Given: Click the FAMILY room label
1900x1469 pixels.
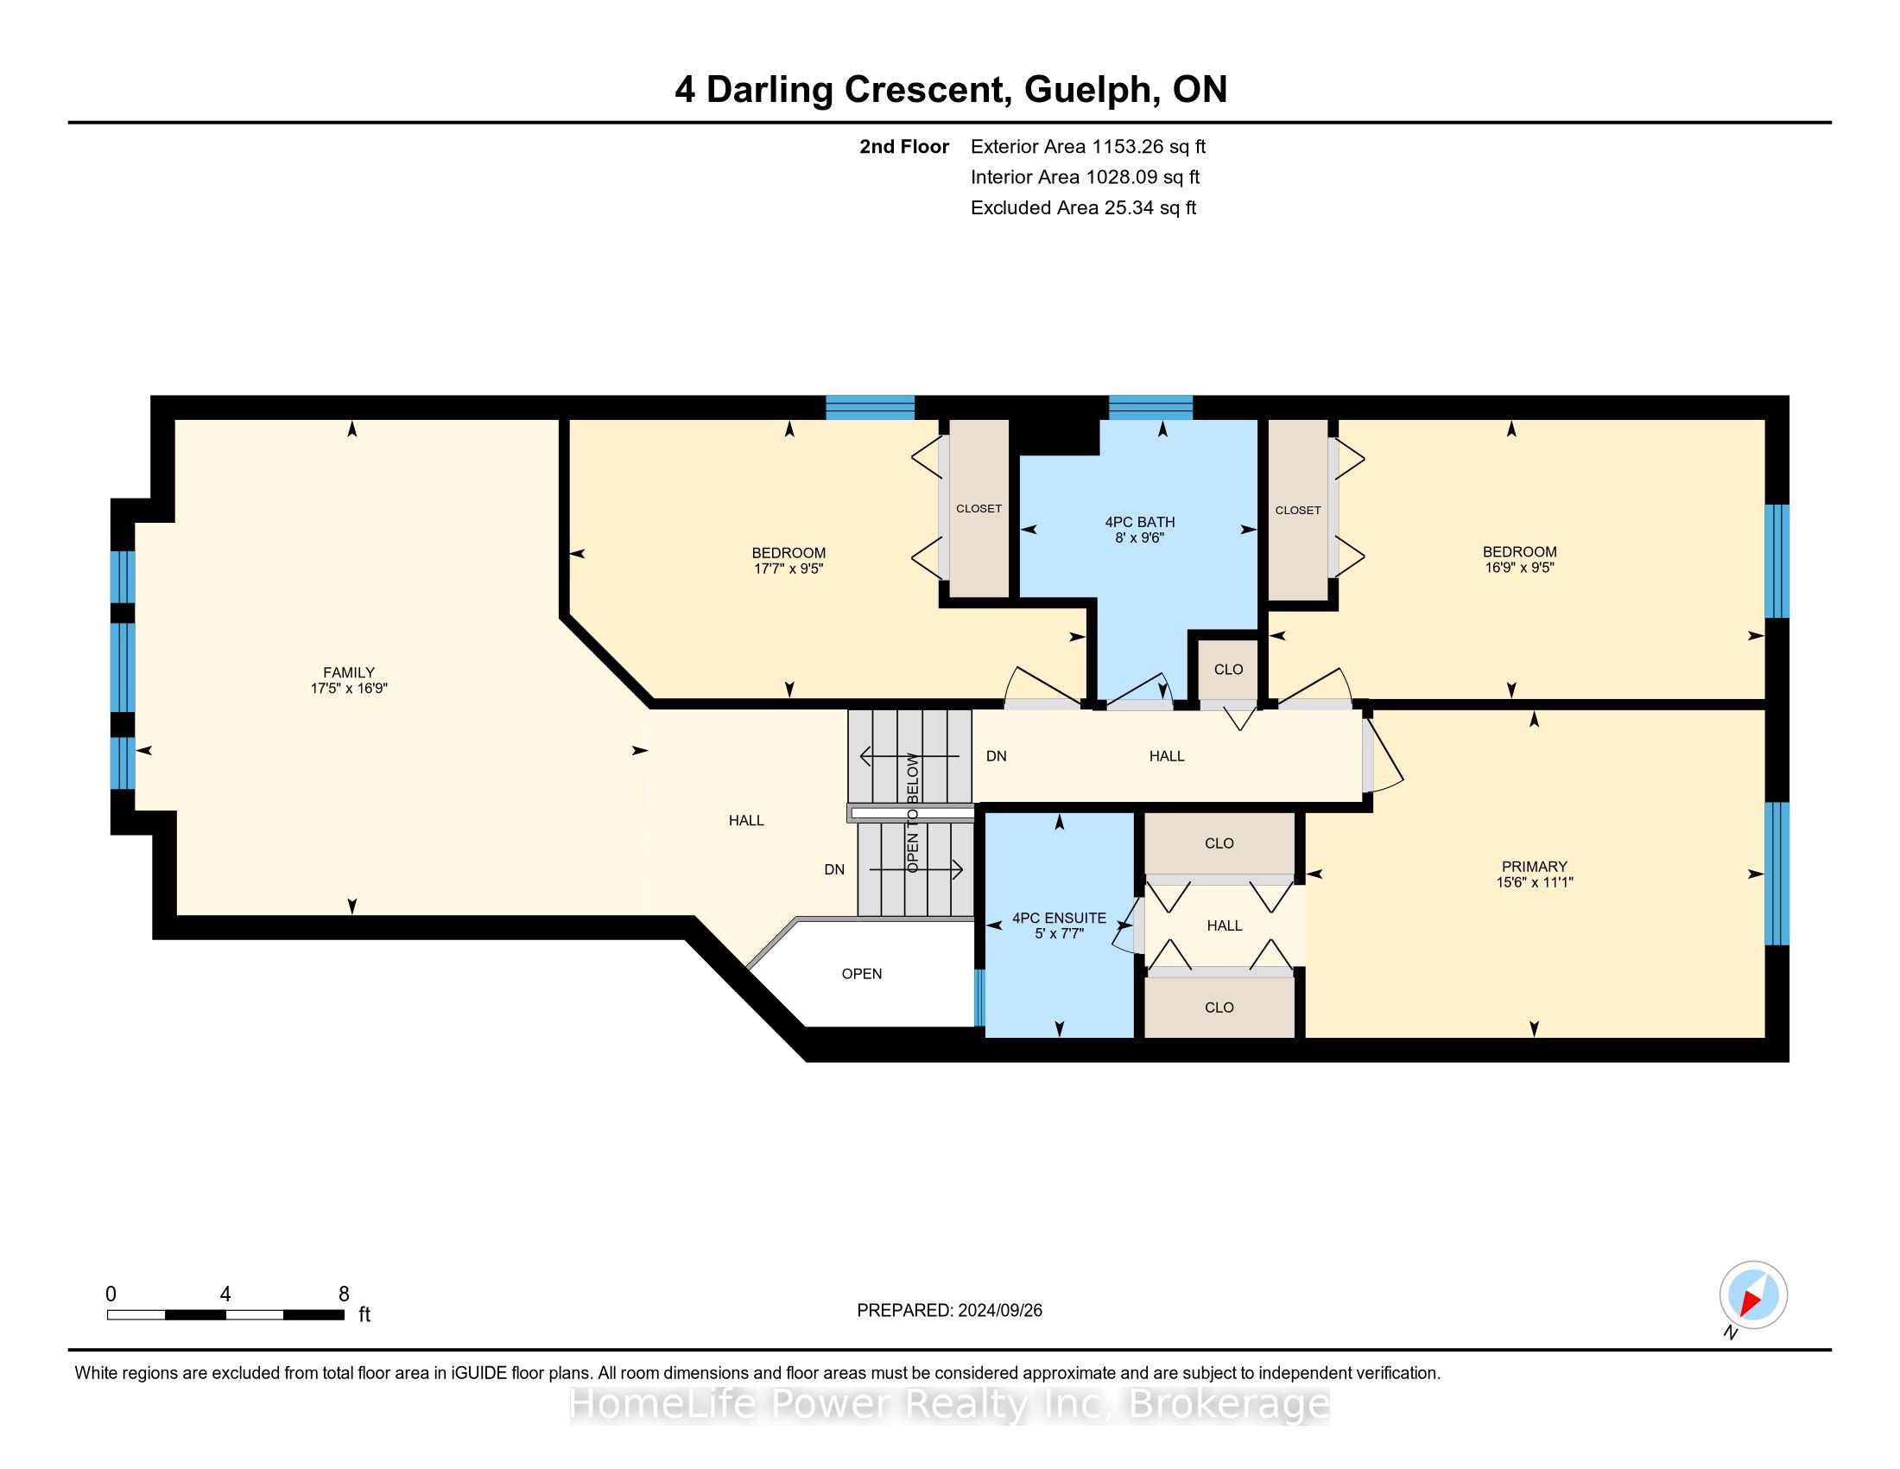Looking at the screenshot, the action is pyautogui.click(x=349, y=671).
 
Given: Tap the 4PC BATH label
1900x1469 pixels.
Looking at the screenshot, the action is pyautogui.click(x=1140, y=522).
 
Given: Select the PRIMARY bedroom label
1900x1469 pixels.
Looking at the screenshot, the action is pyautogui.click(x=1535, y=866).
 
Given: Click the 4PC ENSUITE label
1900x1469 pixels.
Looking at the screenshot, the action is pyautogui.click(x=1060, y=917).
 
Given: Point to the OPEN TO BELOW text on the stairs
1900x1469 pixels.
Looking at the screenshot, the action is pyautogui.click(x=912, y=813).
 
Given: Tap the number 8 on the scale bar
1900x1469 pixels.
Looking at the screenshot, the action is pyautogui.click(x=344, y=1294).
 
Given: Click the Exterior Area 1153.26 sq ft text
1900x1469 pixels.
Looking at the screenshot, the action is pyautogui.click(x=1088, y=146).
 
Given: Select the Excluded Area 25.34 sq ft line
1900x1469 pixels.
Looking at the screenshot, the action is pyautogui.click(x=1084, y=207).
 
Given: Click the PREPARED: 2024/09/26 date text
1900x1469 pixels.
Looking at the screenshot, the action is pyautogui.click(x=949, y=1310).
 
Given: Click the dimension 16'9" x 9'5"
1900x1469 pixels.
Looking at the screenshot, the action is pyautogui.click(x=1520, y=568).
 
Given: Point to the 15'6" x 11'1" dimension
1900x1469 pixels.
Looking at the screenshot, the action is pyautogui.click(x=1535, y=881).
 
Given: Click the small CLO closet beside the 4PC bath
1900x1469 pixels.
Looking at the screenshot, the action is pyautogui.click(x=1228, y=669).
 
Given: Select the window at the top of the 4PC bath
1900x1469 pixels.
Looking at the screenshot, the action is pyautogui.click(x=1150, y=407).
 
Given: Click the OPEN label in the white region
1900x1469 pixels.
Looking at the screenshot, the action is pyautogui.click(x=862, y=974).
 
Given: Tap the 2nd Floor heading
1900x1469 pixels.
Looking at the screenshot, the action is pyautogui.click(x=904, y=146).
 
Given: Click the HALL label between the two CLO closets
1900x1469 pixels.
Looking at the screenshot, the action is pyautogui.click(x=1224, y=925).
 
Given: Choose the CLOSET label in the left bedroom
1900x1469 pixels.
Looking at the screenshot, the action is pyautogui.click(x=978, y=508).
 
